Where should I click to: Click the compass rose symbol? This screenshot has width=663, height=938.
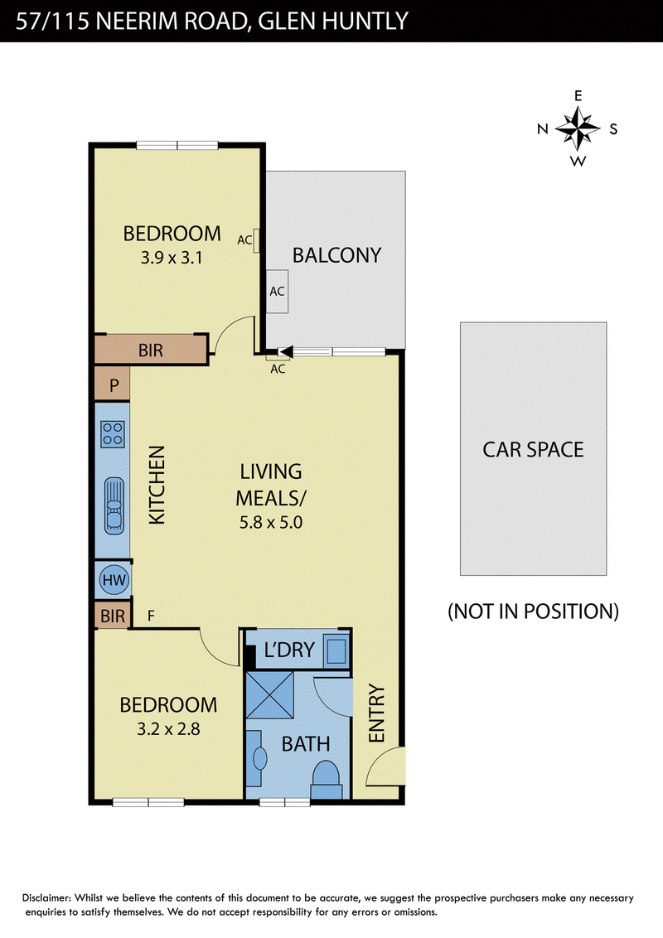click(x=578, y=128)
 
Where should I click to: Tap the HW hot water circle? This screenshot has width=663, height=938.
click(x=114, y=580)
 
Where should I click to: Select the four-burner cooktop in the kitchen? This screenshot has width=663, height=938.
click(x=113, y=434)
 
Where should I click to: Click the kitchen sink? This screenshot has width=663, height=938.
click(x=114, y=505)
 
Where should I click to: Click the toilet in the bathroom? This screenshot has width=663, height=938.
click(x=327, y=780)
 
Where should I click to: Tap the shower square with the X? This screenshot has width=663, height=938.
click(x=270, y=694)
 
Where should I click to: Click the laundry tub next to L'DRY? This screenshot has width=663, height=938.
click(x=336, y=650)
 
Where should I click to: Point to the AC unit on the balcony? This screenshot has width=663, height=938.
click(x=277, y=292)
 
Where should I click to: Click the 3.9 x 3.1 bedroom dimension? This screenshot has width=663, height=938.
click(x=172, y=258)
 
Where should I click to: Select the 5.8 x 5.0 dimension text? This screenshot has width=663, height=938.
click(x=271, y=522)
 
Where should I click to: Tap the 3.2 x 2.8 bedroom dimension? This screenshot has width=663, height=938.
click(x=169, y=729)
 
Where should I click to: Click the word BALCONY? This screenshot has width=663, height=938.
click(x=336, y=255)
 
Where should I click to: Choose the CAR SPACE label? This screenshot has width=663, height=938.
click(x=533, y=450)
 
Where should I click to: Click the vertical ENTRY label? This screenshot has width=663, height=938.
click(x=376, y=713)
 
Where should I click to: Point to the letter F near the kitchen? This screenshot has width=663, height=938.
click(x=151, y=616)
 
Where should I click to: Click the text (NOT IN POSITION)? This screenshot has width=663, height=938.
click(x=533, y=612)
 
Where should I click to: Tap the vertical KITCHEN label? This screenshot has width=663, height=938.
click(x=157, y=485)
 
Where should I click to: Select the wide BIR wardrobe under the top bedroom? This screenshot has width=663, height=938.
click(x=152, y=350)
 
